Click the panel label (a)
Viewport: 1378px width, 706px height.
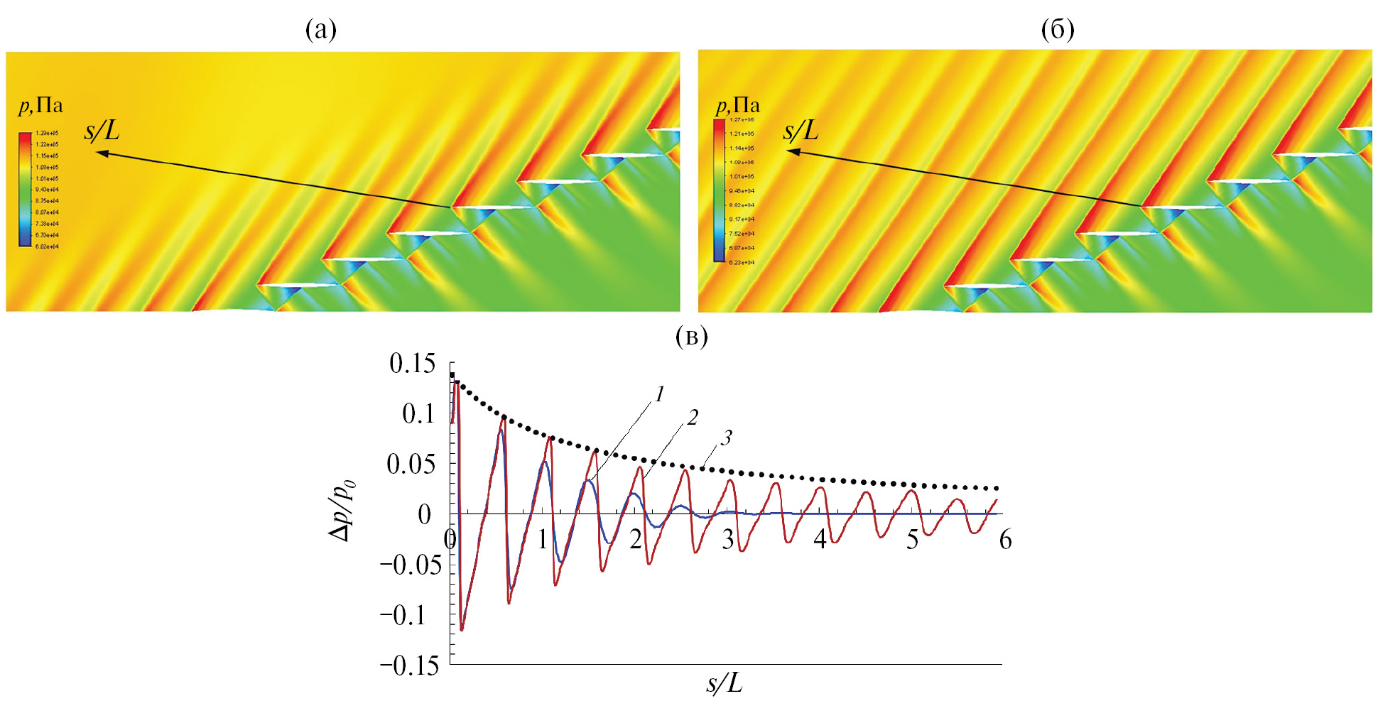pos(321,30)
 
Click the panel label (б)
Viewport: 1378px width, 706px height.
pos(1057,30)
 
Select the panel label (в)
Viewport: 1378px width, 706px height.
pos(692,336)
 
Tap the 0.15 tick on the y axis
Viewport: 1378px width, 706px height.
pos(412,364)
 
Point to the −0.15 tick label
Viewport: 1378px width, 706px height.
pos(409,666)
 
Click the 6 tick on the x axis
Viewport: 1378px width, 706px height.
pos(1005,540)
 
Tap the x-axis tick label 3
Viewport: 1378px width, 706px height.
pos(728,540)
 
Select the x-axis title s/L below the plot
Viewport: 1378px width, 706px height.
pos(724,683)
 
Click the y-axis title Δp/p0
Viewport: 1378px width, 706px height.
pos(342,511)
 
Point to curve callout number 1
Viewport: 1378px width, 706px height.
pos(659,394)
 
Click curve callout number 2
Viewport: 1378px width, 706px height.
pos(693,417)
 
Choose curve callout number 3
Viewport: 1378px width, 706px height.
pos(726,438)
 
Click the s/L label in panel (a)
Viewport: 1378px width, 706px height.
pos(102,131)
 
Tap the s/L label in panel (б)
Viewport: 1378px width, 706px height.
pos(801,131)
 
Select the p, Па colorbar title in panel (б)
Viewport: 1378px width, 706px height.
pos(737,106)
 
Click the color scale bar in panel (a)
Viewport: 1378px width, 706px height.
pos(25,189)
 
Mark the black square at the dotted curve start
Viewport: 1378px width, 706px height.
pos(452,374)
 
